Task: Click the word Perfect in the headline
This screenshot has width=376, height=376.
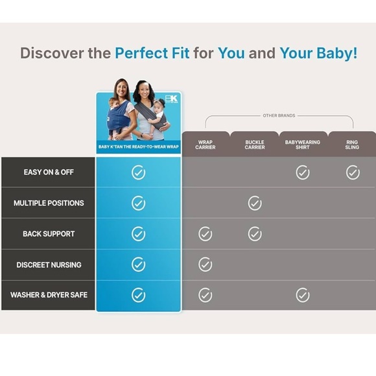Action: (152, 53)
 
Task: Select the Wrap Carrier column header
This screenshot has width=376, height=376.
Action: (206, 145)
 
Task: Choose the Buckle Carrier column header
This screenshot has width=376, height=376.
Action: (255, 145)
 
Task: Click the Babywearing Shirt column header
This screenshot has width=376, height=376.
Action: (303, 145)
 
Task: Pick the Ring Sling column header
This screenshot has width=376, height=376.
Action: (352, 145)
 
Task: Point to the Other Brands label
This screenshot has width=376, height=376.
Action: (279, 116)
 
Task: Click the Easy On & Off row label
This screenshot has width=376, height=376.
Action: (49, 172)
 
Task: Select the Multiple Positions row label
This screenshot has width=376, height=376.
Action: (49, 203)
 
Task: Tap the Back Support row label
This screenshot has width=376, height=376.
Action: (49, 234)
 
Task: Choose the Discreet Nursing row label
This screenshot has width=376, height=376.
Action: (49, 264)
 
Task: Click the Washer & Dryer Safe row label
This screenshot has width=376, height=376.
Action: (49, 295)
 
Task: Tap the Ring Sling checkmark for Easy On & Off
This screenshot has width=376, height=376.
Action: (353, 172)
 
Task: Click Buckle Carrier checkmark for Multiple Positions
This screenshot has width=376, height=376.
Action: (255, 204)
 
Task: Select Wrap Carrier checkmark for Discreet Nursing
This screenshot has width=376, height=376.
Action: (206, 264)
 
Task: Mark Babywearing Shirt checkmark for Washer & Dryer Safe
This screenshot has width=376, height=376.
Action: (303, 296)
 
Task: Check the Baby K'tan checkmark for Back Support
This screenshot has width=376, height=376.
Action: (139, 234)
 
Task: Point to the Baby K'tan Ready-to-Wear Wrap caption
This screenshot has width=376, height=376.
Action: (139, 147)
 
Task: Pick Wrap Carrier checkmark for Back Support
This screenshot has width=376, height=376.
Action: (206, 234)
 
